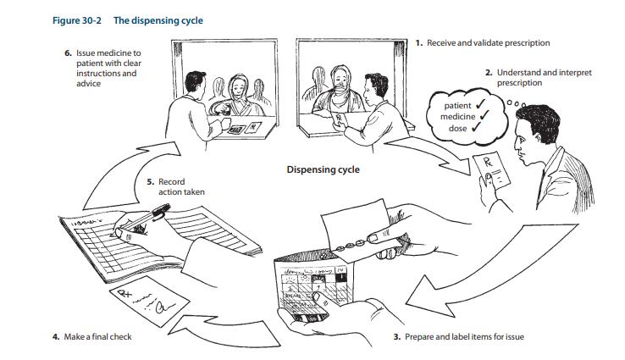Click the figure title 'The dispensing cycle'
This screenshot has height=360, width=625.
click(158, 20)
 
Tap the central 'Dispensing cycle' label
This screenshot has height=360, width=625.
click(323, 169)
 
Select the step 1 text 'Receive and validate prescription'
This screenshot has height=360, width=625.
click(489, 43)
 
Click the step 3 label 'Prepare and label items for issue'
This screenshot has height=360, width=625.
click(464, 337)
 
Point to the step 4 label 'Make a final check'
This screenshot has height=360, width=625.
click(97, 337)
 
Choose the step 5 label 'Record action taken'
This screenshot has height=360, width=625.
click(181, 187)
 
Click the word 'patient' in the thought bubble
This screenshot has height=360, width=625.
click(457, 106)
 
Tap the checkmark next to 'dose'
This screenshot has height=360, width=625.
click(476, 127)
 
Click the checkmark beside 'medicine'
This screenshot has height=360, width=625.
click(484, 115)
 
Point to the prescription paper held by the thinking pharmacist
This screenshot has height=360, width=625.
click(492, 170)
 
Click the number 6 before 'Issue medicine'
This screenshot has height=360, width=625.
click(68, 53)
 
